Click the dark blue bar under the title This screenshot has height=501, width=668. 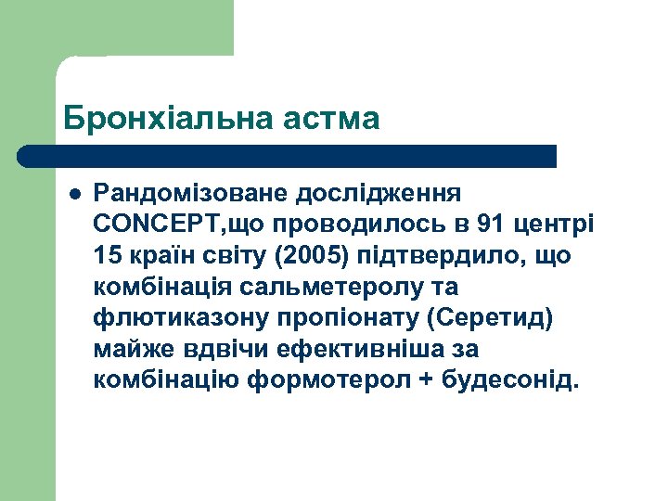point(288,155)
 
